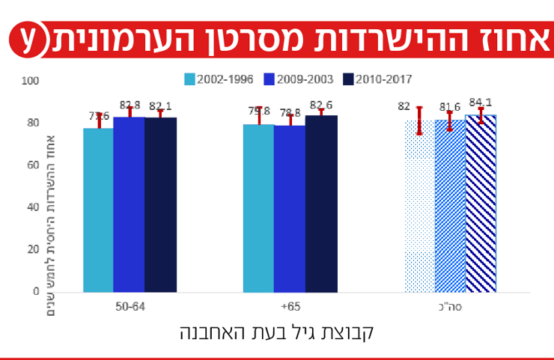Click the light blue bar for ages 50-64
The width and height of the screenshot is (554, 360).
coord(98,210)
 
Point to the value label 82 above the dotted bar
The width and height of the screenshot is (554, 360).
coord(404,106)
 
